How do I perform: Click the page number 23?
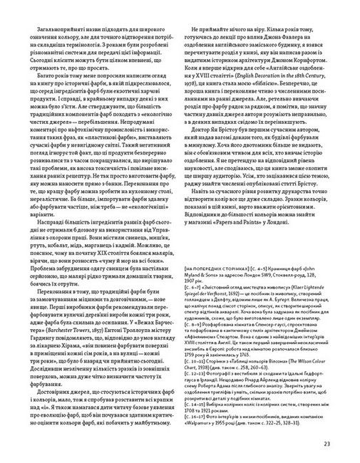pyautogui.click(x=326, y=445)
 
